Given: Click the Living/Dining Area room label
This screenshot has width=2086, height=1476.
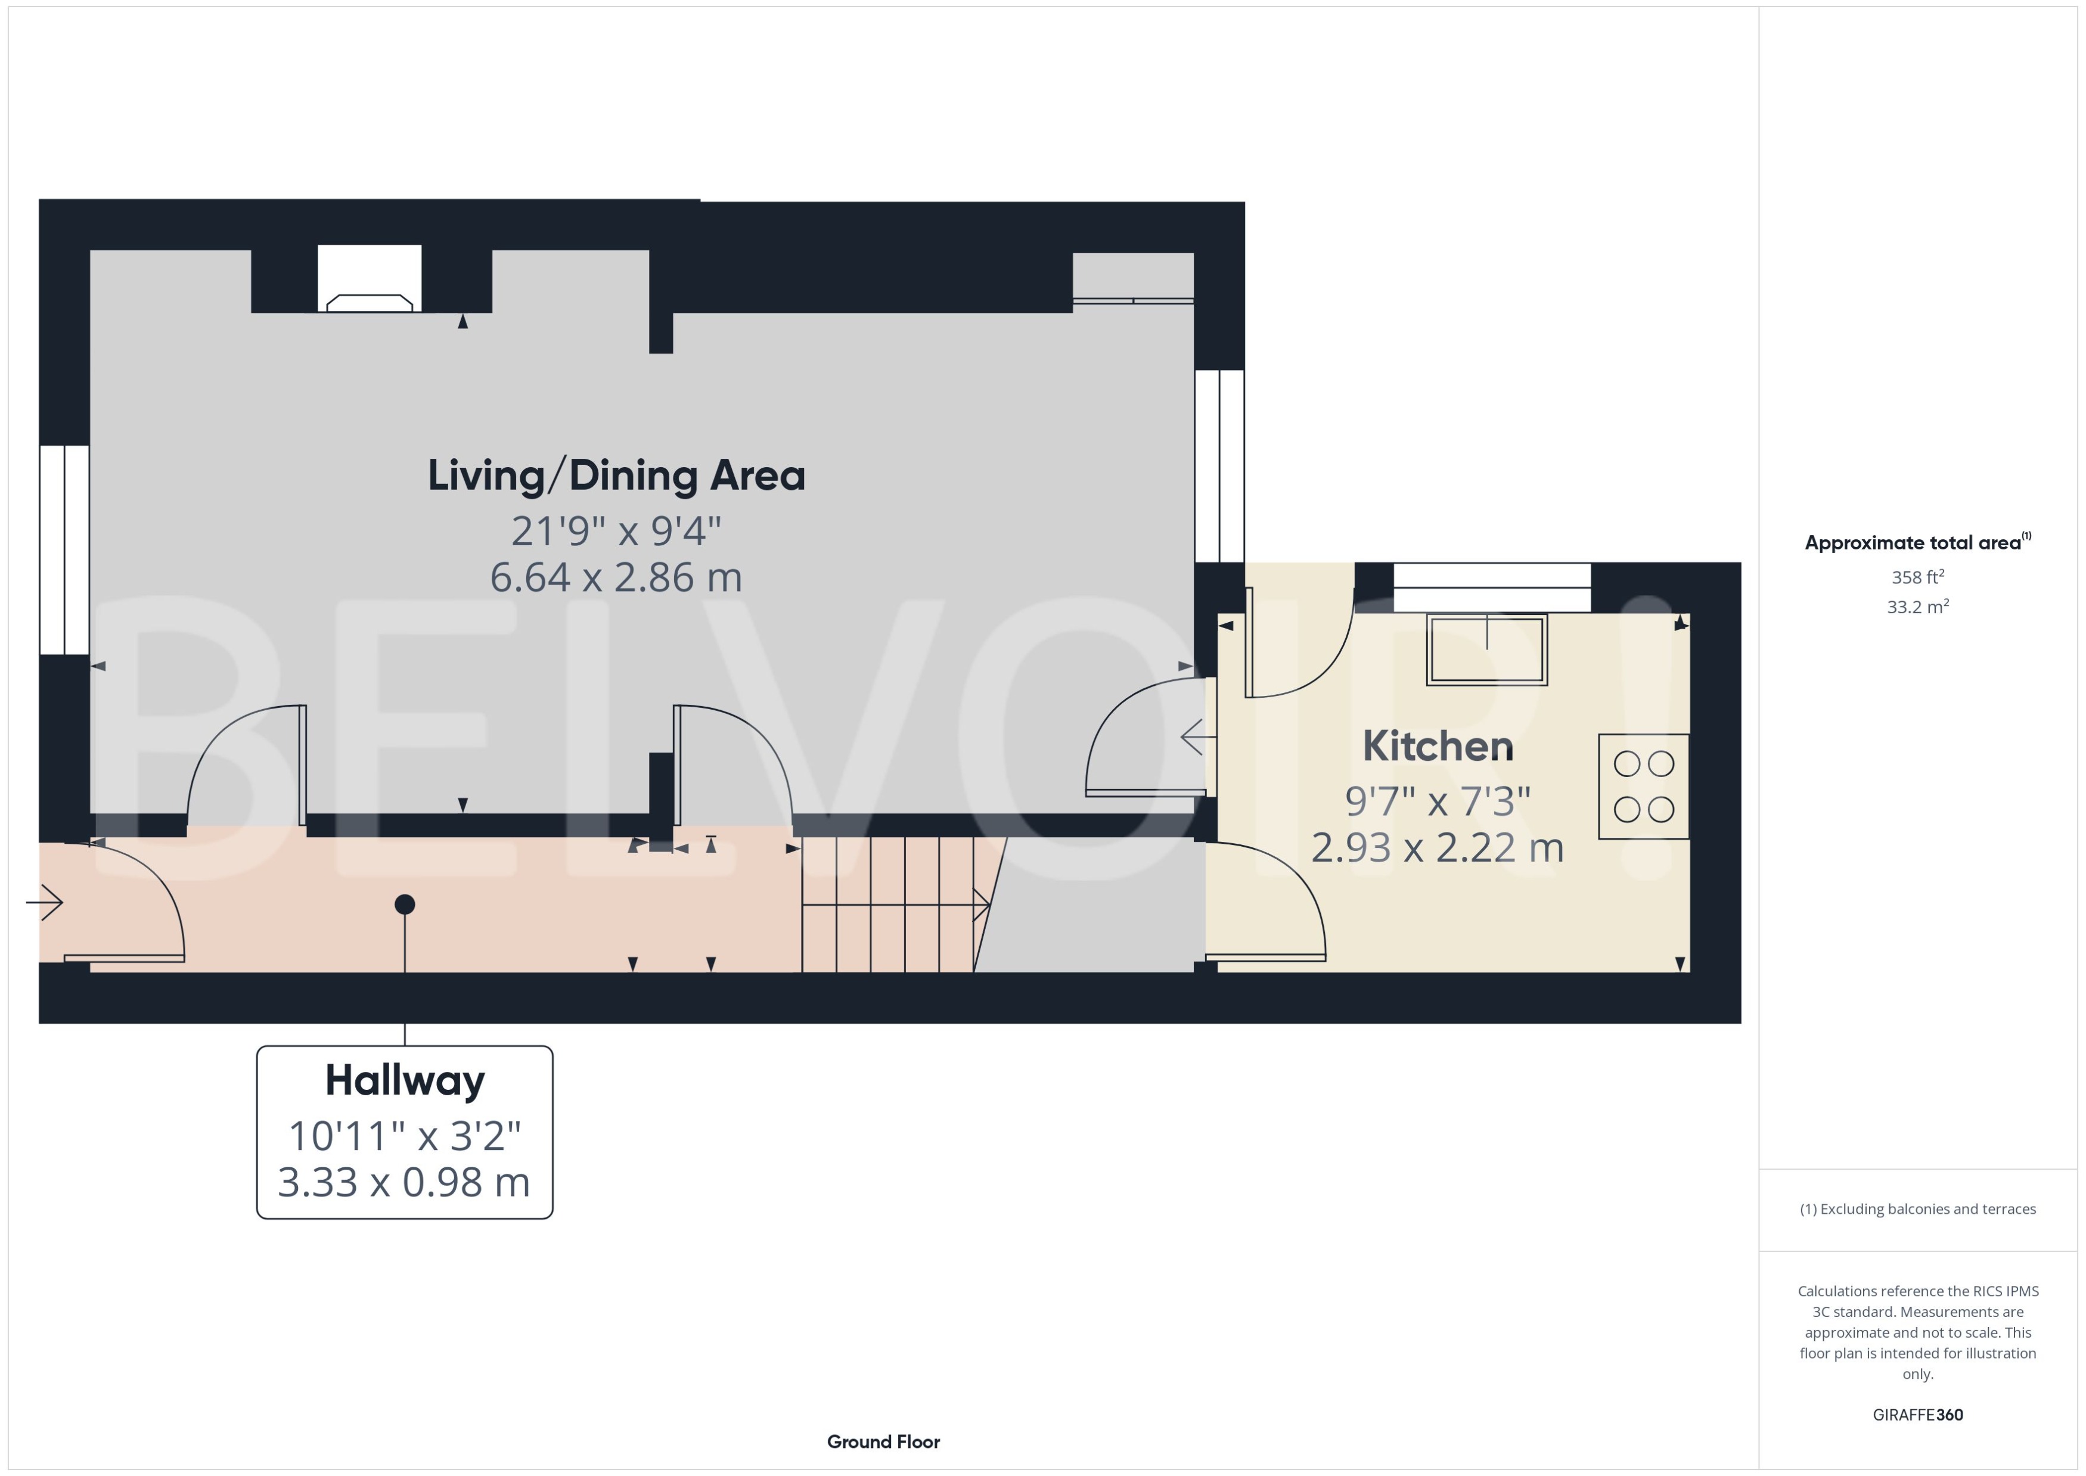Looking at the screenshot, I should [616, 476].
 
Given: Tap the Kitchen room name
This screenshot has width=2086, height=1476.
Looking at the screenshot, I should [1437, 746].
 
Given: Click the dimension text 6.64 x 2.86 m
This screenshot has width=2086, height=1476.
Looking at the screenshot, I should [616, 577].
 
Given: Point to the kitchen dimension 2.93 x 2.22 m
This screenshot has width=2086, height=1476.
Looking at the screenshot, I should [1437, 847].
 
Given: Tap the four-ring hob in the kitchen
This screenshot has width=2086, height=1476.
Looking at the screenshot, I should [1643, 786].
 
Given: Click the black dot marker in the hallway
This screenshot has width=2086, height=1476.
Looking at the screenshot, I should [405, 905].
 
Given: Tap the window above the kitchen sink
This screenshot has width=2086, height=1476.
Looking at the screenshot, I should [1492, 587].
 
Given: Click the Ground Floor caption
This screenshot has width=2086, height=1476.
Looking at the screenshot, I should [883, 1441].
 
